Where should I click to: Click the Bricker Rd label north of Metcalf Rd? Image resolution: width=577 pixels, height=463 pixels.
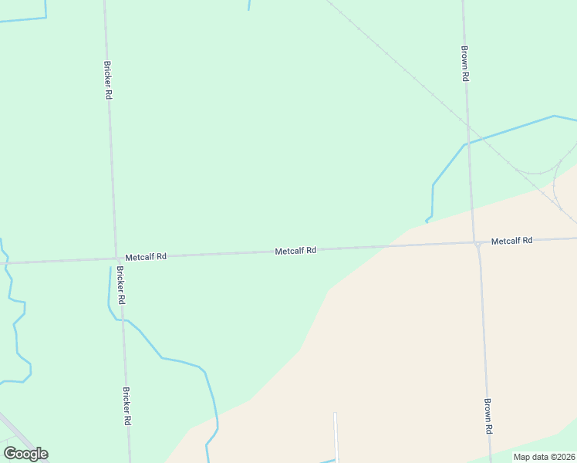[109, 79]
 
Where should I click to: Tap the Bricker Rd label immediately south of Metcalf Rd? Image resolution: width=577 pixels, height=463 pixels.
[121, 284]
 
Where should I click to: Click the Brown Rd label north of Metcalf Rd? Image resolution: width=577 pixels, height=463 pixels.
[466, 64]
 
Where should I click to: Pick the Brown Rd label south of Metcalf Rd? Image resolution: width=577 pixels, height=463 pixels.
[488, 416]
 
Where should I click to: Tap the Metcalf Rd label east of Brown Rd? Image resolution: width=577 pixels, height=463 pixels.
[511, 241]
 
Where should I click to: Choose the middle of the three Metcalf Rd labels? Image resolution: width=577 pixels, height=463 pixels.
[295, 251]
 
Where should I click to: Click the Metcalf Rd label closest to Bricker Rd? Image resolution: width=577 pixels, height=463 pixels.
[146, 256]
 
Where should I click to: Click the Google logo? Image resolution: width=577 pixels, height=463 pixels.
[25, 454]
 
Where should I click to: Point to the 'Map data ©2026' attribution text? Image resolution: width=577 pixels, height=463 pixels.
[544, 457]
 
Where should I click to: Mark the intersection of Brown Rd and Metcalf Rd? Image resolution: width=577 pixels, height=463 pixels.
[477, 244]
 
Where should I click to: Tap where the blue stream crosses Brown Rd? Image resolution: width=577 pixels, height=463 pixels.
[468, 143]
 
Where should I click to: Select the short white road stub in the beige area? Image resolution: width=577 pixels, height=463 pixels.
[336, 435]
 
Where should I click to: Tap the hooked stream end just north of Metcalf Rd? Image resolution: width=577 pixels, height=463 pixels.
[427, 221]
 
